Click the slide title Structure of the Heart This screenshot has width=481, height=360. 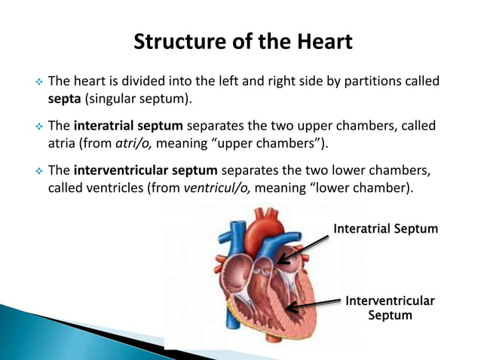click(242, 41)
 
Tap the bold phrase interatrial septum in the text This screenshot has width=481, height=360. click(128, 126)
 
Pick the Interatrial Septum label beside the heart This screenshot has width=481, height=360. click(385, 228)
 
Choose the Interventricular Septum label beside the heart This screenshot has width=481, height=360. click(389, 308)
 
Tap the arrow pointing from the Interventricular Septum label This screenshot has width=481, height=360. click(313, 304)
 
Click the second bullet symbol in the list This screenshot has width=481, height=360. click(35, 126)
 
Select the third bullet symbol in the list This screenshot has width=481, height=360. click(35, 169)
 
